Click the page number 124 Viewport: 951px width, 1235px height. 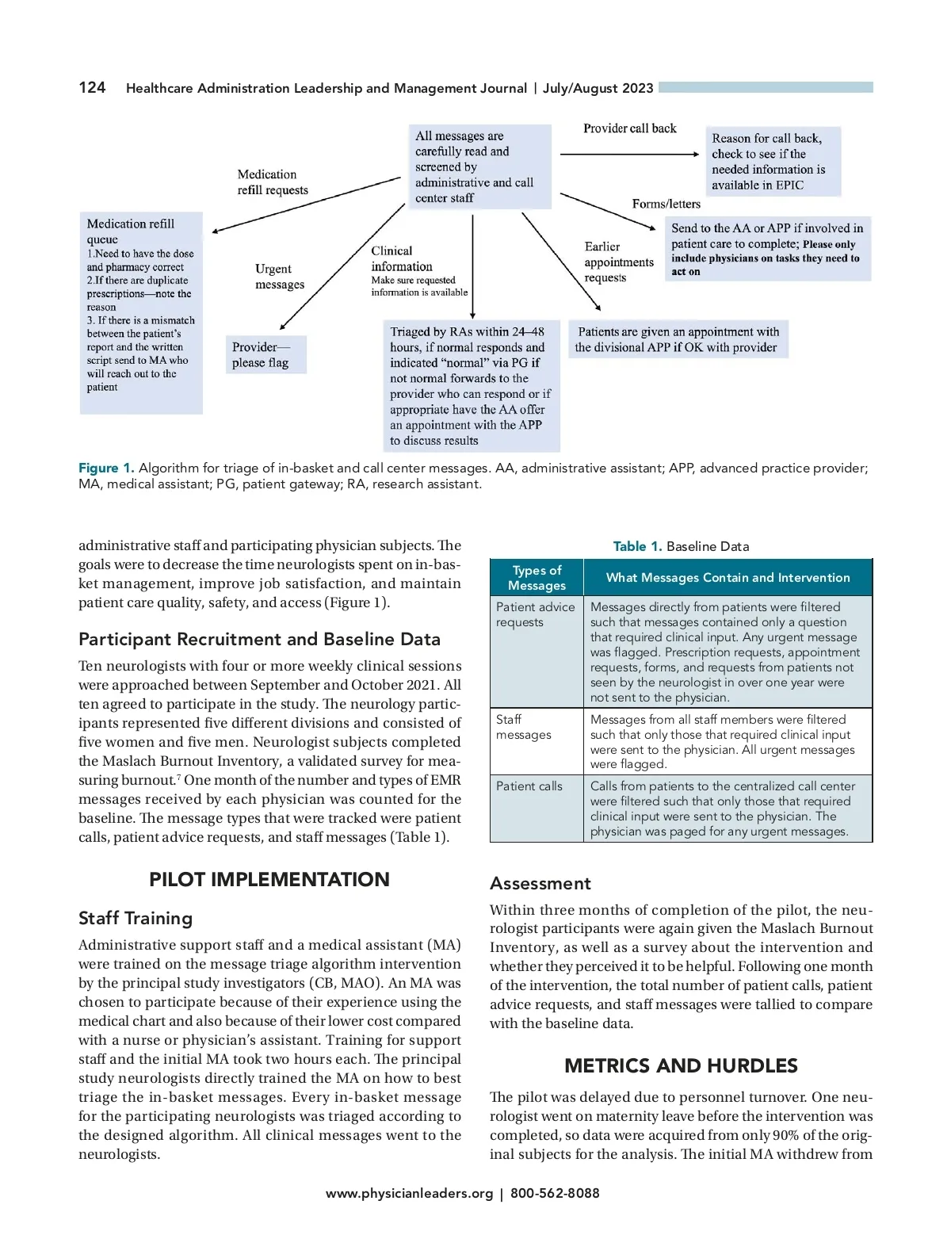tap(92, 87)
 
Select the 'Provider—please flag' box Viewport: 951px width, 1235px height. tap(266, 354)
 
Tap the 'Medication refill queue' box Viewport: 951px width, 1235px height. tap(141, 312)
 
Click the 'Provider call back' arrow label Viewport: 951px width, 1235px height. tap(630, 128)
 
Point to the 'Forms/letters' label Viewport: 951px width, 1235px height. tap(666, 204)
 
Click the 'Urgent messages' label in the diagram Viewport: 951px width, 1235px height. tap(279, 277)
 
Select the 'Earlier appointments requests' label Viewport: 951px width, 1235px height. tap(619, 262)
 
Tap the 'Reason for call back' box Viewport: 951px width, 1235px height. tap(772, 162)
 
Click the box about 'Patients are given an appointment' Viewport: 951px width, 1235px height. tap(678, 339)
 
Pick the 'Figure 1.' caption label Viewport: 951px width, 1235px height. tap(106, 468)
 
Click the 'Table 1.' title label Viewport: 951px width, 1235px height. tap(637, 546)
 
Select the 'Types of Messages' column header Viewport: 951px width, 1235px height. tap(537, 578)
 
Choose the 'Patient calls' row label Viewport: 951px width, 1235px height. tap(529, 786)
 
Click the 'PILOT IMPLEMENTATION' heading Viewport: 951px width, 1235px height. tap(269, 879)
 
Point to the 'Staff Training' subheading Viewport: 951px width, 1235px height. tap(136, 918)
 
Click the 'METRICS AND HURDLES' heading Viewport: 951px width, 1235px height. tap(681, 1065)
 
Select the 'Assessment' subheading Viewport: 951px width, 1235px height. tap(540, 883)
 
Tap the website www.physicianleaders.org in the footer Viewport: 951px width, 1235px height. tap(409, 1193)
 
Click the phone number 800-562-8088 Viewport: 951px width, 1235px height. tap(555, 1193)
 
